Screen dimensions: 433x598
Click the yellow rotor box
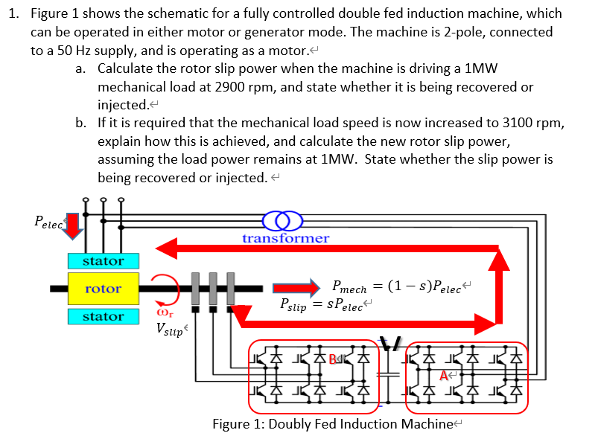coord(103,288)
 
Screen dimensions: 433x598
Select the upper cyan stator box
coord(103,261)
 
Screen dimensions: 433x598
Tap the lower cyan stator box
coord(103,316)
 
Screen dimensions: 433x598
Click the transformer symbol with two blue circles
coord(284,222)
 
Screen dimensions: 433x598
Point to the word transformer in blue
coord(285,238)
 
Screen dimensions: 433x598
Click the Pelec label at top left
coord(49,220)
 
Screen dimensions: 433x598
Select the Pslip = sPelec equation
coord(322,305)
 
